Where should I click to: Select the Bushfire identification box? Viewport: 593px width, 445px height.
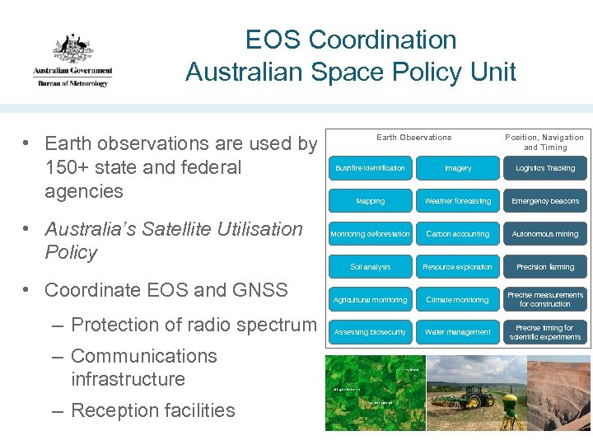pyautogui.click(x=370, y=168)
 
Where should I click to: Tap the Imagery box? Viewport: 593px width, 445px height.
pyautogui.click(x=458, y=168)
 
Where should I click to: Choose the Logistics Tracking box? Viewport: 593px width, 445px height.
pyautogui.click(x=545, y=168)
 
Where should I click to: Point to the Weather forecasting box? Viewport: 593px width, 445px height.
pyautogui.click(x=458, y=201)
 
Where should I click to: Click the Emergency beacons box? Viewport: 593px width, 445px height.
pyautogui.click(x=545, y=201)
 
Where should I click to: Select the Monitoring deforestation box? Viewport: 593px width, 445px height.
pyautogui.click(x=370, y=234)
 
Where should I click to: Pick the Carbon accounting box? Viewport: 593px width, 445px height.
pyautogui.click(x=458, y=234)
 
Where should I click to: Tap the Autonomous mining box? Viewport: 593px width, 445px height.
pyautogui.click(x=545, y=234)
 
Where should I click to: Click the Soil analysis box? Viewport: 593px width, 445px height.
pyautogui.click(x=370, y=267)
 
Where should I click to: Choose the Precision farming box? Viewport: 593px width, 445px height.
pyautogui.click(x=545, y=267)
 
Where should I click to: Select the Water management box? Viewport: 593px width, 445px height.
pyautogui.click(x=458, y=332)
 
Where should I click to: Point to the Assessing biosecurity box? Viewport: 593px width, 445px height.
pyautogui.click(x=370, y=332)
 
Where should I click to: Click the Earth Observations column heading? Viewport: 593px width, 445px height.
pyautogui.click(x=413, y=138)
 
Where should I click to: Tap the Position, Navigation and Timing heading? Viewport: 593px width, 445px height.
pyautogui.click(x=544, y=143)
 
